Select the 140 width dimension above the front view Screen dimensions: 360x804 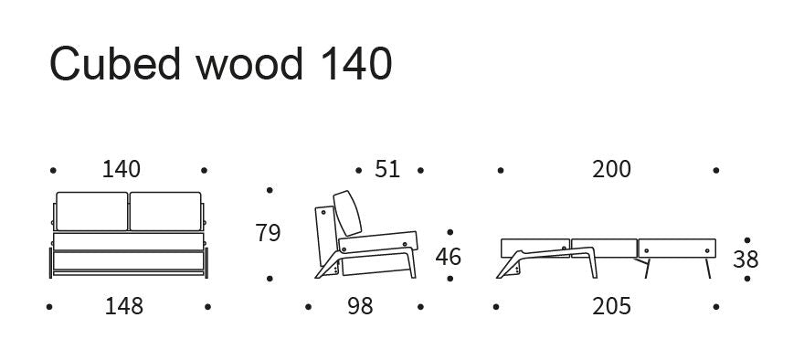(122, 170)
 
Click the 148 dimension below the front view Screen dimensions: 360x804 (123, 306)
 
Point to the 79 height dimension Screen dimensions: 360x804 (268, 234)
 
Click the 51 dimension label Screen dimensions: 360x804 (387, 170)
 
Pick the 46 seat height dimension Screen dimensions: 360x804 (448, 258)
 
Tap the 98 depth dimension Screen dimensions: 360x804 (360, 306)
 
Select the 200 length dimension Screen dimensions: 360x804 (611, 170)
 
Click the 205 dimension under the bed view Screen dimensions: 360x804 (611, 306)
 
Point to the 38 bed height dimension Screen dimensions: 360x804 (746, 259)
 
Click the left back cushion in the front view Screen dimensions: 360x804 (92, 211)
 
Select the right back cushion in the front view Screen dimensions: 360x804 (165, 211)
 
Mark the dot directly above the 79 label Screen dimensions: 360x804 (269, 191)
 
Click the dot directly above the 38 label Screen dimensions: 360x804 (746, 238)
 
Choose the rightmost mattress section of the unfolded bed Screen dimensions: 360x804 (675, 247)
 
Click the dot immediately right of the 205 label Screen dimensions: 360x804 (716, 307)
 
